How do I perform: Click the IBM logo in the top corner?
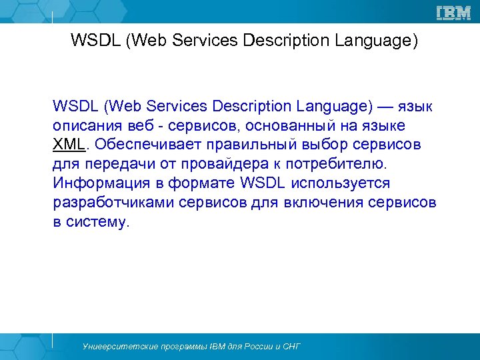[x=453, y=12]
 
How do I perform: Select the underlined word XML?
[x=69, y=145]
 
